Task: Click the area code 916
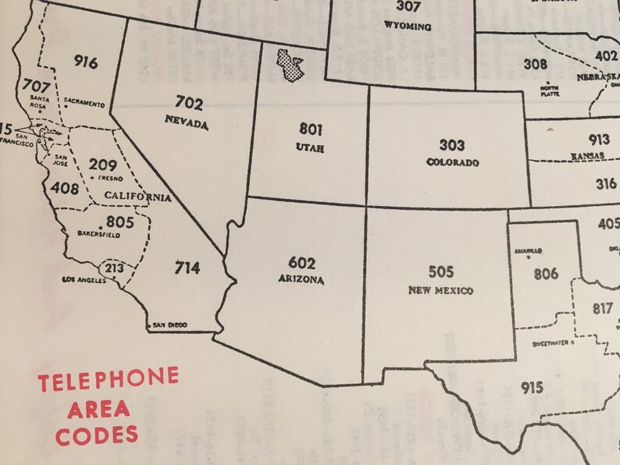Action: click(87, 62)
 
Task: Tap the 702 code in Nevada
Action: click(190, 104)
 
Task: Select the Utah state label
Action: click(310, 147)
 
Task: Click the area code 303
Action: click(451, 145)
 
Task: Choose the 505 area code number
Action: click(441, 272)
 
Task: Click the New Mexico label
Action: click(441, 290)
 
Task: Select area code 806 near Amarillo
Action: click(547, 274)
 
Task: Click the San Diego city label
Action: click(171, 325)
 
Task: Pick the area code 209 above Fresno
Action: click(103, 165)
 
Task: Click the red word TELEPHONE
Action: click(109, 381)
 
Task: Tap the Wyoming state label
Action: click(408, 26)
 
